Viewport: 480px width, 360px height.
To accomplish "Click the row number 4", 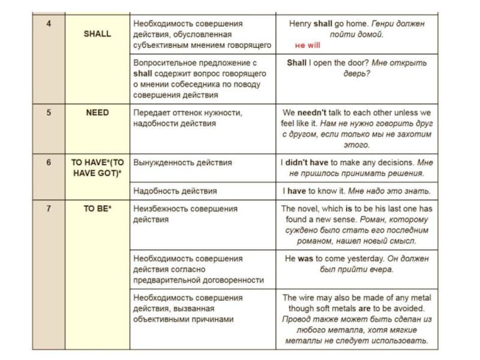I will point(49,23).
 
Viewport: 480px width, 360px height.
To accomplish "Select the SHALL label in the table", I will point(97,34).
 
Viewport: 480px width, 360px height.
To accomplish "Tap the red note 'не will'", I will point(308,46).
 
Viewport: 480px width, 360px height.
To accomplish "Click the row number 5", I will point(49,112).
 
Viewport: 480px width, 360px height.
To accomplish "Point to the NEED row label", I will point(97,112).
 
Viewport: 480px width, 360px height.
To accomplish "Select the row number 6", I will point(49,162).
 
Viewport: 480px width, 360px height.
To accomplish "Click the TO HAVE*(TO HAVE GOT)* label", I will point(97,167).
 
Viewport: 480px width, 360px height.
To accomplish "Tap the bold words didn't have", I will point(307,162).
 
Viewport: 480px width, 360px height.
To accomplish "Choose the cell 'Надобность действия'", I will point(175,191).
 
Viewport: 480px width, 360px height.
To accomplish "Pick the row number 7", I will point(49,208).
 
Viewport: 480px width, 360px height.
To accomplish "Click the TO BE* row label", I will point(97,208).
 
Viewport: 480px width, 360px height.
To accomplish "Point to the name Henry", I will point(300,23).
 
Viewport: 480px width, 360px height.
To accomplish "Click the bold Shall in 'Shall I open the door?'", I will point(296,62).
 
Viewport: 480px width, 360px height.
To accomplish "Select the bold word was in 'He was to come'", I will point(305,258).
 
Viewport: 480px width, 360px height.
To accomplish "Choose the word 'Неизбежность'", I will point(161,208).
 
